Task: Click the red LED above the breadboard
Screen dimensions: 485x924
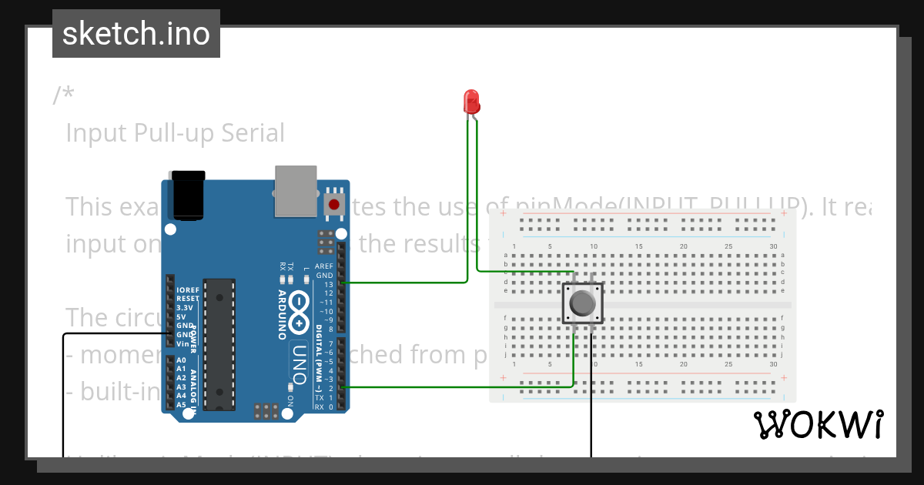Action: (x=470, y=102)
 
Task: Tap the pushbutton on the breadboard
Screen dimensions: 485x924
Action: (x=582, y=304)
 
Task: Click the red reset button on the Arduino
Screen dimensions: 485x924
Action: (x=333, y=204)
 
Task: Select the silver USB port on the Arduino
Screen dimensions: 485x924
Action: (x=296, y=190)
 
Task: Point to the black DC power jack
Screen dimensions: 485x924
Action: (x=189, y=196)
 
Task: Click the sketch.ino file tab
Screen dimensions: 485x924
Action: (x=136, y=34)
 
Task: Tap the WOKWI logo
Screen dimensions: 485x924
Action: (x=819, y=424)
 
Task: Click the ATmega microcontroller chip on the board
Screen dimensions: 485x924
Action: (x=219, y=343)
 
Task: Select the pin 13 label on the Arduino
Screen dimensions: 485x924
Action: (x=328, y=284)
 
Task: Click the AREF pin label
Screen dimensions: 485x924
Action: (x=324, y=266)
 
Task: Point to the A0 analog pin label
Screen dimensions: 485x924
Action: (x=181, y=360)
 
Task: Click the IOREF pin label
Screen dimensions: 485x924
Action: (x=188, y=290)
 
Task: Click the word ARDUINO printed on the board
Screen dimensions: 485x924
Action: (x=282, y=315)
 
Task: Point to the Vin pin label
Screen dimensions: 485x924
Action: (x=182, y=344)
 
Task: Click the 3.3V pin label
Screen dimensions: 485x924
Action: (x=185, y=308)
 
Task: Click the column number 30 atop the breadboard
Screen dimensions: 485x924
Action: (x=773, y=246)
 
